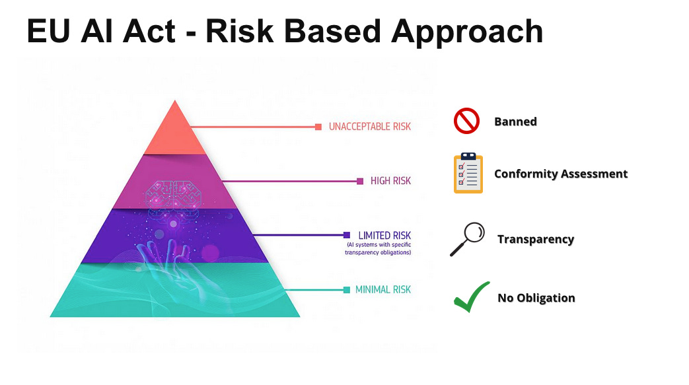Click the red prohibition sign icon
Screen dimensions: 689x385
pyautogui.click(x=466, y=122)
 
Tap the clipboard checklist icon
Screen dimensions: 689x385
pyautogui.click(x=468, y=173)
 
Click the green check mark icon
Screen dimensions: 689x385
pyautogui.click(x=471, y=297)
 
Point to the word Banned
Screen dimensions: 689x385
pyautogui.click(x=515, y=122)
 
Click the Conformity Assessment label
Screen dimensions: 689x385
pyautogui.click(x=561, y=174)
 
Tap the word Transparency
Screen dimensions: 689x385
pyautogui.click(x=536, y=239)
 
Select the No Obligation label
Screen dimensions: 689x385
pyautogui.click(x=536, y=298)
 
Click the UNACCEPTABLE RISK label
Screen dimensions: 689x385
pyautogui.click(x=370, y=126)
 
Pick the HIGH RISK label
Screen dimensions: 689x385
pyautogui.click(x=390, y=181)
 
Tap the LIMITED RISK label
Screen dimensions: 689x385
pyautogui.click(x=384, y=235)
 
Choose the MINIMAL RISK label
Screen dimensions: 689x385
pyautogui.click(x=382, y=289)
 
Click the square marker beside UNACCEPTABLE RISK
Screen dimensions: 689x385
pyautogui.click(x=318, y=126)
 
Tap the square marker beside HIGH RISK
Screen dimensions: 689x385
pyautogui.click(x=360, y=181)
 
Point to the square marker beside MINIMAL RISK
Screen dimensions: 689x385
pyautogui.click(x=346, y=289)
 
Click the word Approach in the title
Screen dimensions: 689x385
pyautogui.click(x=462, y=31)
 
